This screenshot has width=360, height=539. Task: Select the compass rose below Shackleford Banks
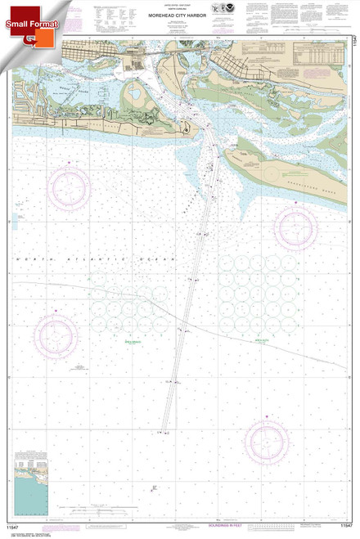(x=296, y=226)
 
